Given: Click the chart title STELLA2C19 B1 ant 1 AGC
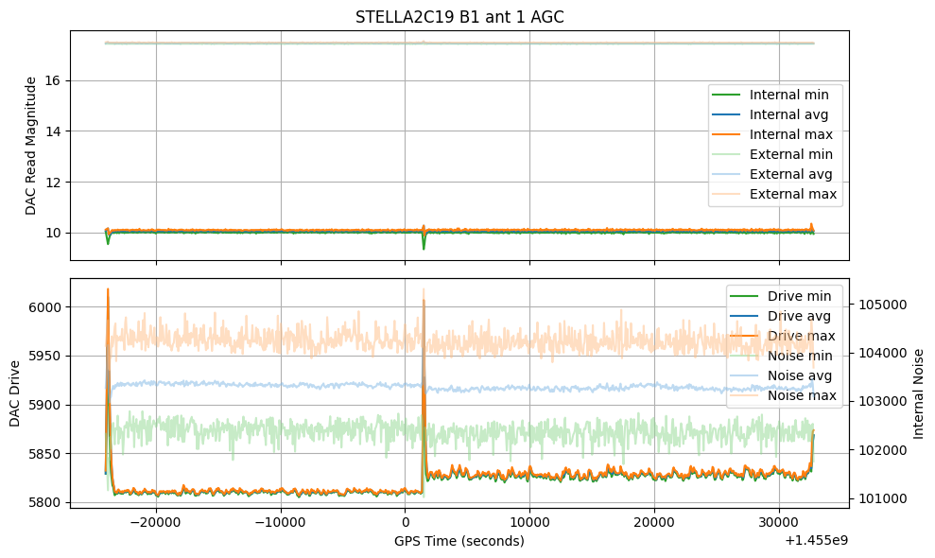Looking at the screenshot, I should [x=459, y=17].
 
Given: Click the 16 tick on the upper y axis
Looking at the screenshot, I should [x=54, y=81].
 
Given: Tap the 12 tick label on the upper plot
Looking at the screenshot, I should [x=54, y=183].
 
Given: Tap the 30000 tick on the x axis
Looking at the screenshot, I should [x=779, y=522].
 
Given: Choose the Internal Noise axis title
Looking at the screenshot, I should [x=918, y=393].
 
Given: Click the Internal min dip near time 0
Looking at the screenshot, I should [x=424, y=248].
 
